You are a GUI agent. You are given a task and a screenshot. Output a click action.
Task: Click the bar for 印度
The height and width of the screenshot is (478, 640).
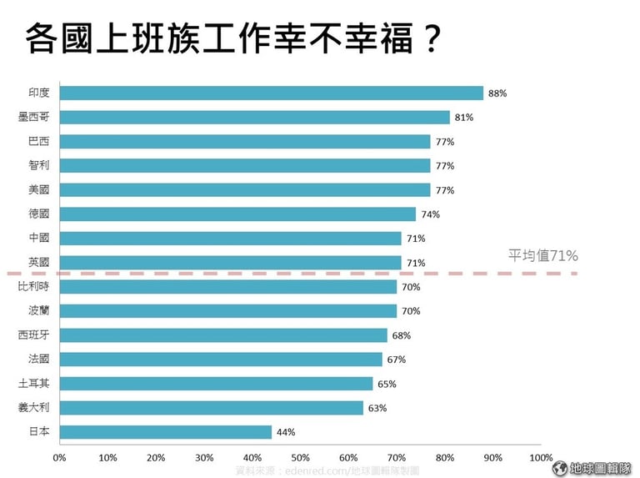click(272, 93)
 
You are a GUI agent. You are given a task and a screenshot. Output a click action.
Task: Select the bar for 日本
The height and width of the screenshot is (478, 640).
click(166, 432)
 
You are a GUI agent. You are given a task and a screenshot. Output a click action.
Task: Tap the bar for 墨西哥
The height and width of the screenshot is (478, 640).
click(255, 118)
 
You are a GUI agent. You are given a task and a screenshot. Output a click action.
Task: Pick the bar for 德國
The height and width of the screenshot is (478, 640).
click(237, 214)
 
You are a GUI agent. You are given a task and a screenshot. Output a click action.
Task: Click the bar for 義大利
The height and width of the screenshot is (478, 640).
click(212, 408)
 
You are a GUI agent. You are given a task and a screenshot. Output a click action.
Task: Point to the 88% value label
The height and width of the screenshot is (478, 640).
click(497, 93)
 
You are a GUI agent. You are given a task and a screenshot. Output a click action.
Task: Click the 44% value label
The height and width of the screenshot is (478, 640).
click(286, 432)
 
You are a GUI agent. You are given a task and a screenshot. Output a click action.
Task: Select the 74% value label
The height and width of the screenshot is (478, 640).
click(430, 214)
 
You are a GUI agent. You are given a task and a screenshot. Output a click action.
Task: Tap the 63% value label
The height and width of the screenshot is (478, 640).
click(377, 408)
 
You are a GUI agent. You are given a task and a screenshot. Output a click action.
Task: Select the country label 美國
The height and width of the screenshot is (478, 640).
click(38, 190)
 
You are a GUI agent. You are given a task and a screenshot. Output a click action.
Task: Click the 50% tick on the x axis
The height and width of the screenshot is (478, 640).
click(300, 457)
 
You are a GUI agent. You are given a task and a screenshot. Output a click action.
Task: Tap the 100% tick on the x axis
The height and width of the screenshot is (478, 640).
click(541, 457)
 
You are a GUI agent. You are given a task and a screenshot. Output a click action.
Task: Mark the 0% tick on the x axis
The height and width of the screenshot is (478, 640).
click(59, 457)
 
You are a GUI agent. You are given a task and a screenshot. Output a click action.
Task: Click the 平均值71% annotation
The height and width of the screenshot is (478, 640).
click(543, 255)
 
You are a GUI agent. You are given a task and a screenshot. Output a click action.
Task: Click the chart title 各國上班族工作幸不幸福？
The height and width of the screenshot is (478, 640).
click(231, 38)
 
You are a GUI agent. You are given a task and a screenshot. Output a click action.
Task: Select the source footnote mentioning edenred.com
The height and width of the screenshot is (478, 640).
click(327, 471)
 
